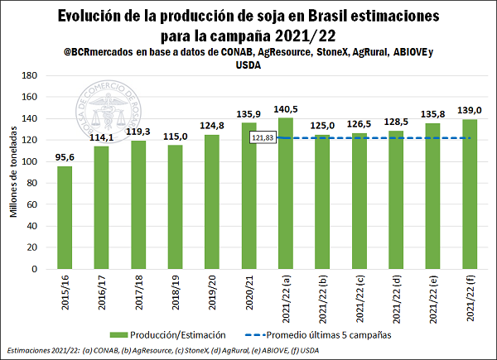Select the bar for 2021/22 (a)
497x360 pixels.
(285, 194)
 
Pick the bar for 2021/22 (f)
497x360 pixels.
(469, 194)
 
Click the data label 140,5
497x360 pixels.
(286, 108)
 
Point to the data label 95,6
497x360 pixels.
(64, 156)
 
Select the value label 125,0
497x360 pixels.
(322, 124)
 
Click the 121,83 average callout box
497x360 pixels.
(263, 137)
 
